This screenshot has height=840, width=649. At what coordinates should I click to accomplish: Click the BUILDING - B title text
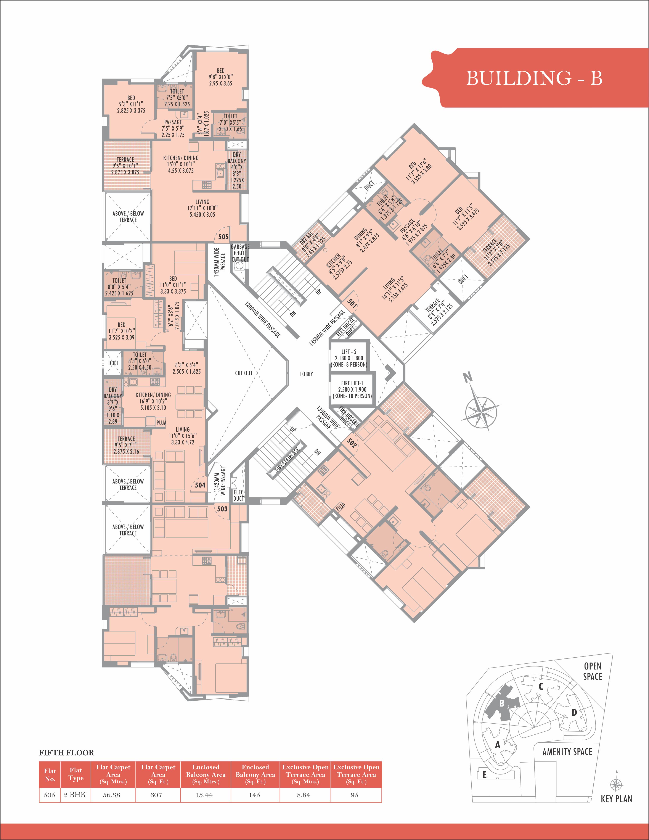(534, 78)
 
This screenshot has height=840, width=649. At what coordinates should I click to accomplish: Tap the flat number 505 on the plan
(223, 237)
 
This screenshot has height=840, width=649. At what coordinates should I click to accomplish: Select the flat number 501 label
(351, 303)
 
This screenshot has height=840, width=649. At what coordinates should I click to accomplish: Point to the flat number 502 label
(351, 443)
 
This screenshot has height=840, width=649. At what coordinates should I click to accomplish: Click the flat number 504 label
(200, 485)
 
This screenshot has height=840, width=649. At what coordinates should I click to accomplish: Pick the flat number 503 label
(222, 509)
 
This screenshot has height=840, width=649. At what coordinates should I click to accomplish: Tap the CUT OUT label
(244, 373)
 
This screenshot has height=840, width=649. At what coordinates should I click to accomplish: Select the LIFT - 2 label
(349, 352)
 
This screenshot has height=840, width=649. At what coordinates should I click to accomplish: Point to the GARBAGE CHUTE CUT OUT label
(240, 253)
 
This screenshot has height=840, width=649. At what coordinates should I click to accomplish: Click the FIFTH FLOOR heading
(66, 753)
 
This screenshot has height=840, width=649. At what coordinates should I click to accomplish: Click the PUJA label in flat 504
(161, 423)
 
